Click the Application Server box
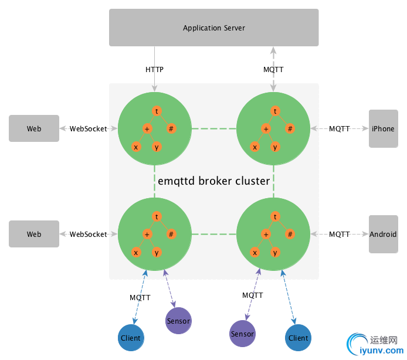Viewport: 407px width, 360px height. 213,28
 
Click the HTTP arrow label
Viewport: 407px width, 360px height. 154,69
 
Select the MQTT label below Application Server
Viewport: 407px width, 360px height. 273,69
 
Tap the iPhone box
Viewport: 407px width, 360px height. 383,128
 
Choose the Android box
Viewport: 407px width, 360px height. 383,234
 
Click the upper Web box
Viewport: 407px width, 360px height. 34,128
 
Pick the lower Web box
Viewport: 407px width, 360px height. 34,234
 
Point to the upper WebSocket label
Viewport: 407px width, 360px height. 89,128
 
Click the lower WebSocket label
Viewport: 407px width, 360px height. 89,234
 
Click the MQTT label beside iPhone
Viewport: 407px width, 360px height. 339,128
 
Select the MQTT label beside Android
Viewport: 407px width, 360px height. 339,234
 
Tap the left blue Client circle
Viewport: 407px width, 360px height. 130,338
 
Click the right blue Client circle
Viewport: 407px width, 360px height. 298,338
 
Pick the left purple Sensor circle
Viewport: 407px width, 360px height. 178,321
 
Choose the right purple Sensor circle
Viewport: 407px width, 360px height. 242,334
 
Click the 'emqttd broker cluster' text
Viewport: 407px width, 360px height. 214,181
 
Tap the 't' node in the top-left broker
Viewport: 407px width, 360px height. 157,110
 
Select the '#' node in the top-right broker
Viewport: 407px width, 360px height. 289,129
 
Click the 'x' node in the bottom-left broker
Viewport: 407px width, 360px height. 135,253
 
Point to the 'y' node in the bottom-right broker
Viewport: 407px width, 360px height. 275,253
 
